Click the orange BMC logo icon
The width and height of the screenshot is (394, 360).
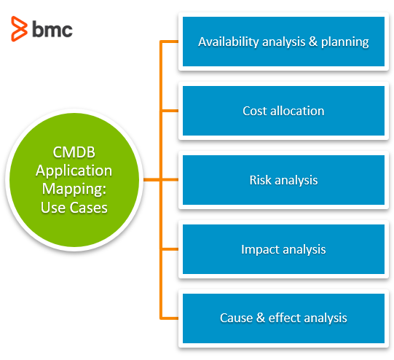point(19,28)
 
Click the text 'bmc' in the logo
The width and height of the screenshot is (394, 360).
point(52,29)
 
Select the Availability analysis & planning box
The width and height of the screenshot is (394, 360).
point(283,42)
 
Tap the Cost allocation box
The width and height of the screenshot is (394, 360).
point(283,111)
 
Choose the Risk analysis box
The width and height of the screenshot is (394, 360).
point(283,180)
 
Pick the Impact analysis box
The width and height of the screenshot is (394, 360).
point(283,249)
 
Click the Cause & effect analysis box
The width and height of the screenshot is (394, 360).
point(283,318)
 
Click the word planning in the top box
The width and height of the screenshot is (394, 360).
point(347,42)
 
